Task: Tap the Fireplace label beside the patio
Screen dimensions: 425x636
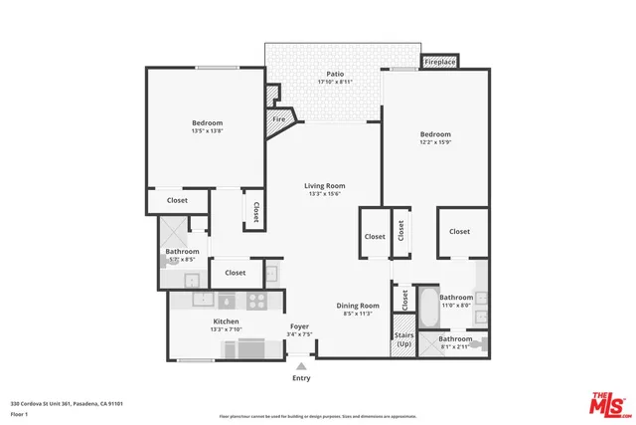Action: click(440, 62)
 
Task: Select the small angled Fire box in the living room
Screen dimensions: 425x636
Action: click(279, 119)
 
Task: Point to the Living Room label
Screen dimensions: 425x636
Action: click(324, 185)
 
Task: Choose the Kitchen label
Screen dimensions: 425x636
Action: click(226, 322)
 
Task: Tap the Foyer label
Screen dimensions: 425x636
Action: click(299, 326)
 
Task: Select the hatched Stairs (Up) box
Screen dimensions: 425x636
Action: click(403, 338)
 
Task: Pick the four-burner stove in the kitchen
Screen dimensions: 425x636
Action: click(255, 299)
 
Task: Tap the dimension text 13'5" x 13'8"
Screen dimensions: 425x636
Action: click(208, 130)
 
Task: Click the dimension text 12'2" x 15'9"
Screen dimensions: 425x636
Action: click(435, 142)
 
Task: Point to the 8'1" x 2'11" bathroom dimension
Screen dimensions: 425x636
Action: click(455, 346)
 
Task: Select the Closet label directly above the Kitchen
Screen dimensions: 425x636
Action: click(236, 272)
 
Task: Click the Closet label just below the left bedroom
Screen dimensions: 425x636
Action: click(177, 200)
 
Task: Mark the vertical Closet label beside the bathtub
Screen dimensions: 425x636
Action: click(404, 298)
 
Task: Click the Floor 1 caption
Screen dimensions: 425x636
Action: click(18, 413)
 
